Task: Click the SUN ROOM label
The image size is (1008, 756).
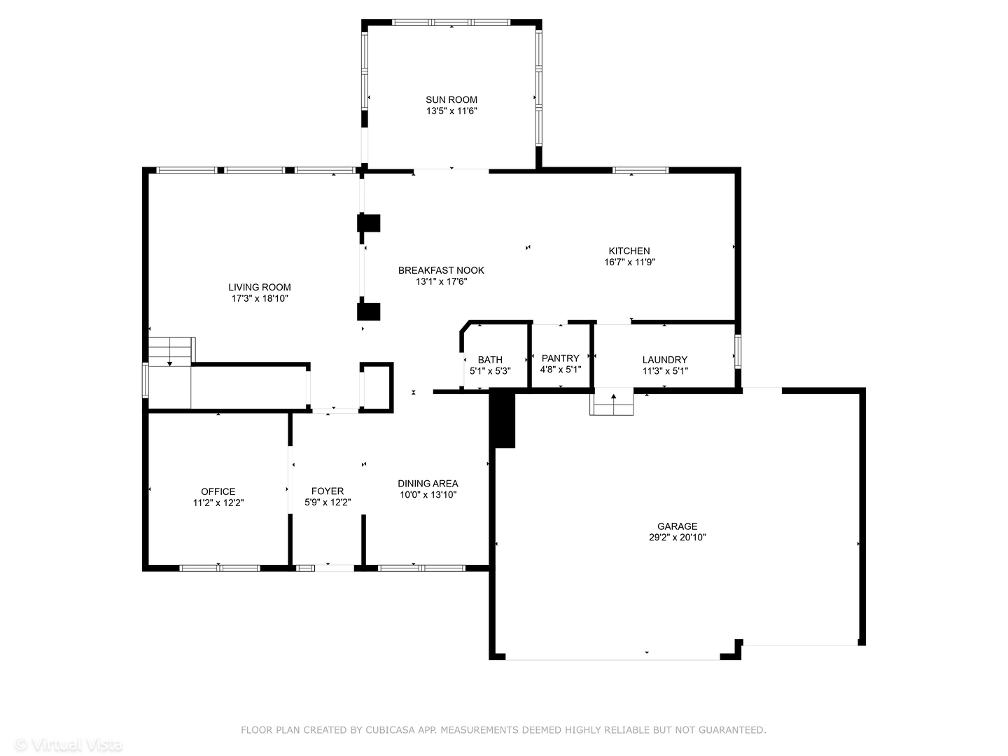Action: coord(451,99)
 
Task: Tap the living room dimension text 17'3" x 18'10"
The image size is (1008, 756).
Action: coord(260,298)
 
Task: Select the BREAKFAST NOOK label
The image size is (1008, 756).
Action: coord(441,270)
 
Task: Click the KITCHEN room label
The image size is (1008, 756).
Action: coord(629,251)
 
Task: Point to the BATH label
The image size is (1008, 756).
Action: coord(490,360)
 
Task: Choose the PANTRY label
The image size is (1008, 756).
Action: coord(560,358)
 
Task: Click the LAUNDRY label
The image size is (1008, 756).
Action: coord(664,360)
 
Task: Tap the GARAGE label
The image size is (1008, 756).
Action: coord(677,526)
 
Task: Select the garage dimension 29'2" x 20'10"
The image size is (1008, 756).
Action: coord(677,538)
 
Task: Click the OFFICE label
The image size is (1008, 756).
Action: coord(218,491)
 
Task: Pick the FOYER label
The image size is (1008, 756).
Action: coord(327,491)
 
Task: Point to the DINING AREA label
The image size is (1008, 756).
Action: coord(428,483)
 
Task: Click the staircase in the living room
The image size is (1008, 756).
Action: coord(170,351)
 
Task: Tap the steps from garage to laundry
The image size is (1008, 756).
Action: coord(612,405)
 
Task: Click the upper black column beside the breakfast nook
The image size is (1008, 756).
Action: coord(368,223)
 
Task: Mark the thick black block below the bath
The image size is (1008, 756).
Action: coord(503,419)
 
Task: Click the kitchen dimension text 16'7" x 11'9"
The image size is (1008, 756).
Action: coord(629,262)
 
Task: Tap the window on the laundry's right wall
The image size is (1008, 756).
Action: coord(737,351)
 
